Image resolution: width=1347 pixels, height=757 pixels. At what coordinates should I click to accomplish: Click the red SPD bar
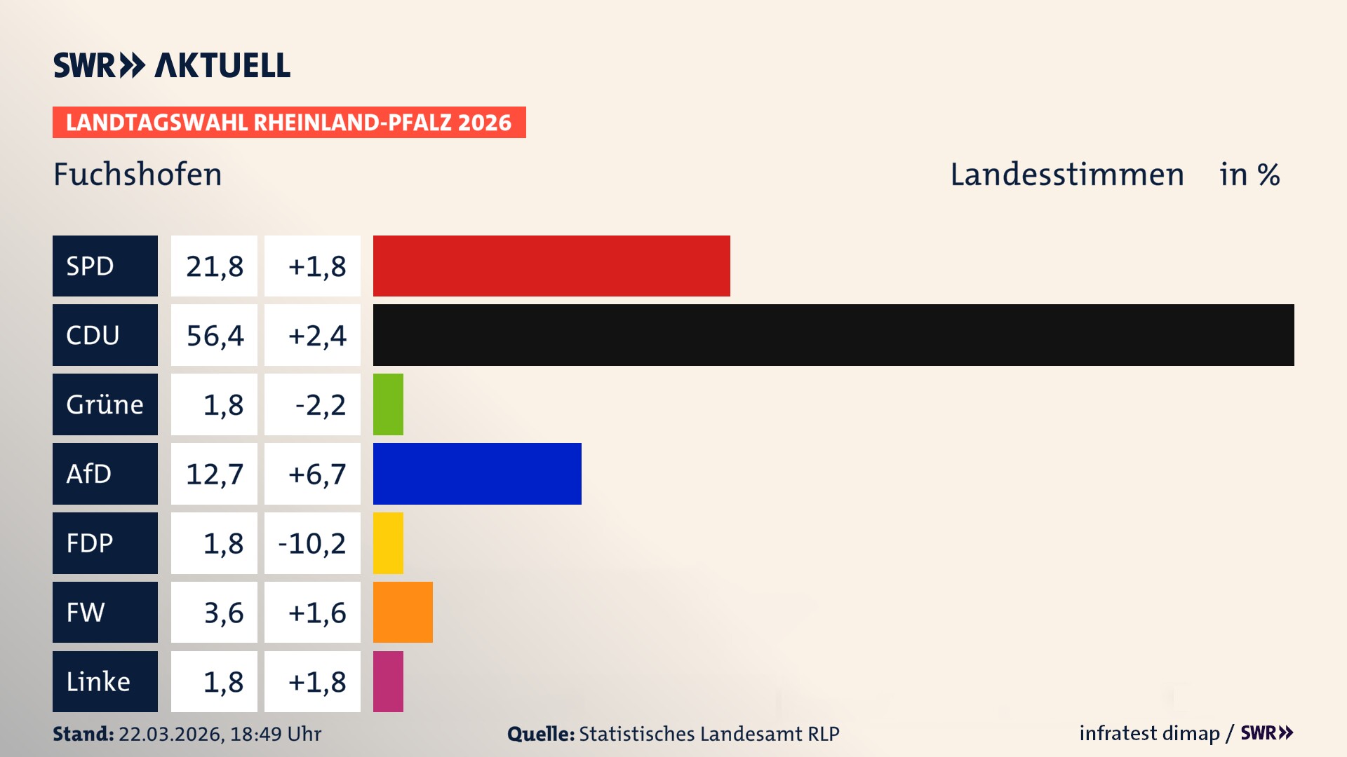(551, 266)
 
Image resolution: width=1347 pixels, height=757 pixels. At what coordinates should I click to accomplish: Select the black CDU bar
(833, 335)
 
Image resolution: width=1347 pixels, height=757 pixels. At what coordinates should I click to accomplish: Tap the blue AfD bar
(477, 474)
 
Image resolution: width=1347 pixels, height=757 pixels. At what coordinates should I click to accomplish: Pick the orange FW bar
(403, 612)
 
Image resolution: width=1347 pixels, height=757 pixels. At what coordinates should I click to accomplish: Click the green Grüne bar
(388, 404)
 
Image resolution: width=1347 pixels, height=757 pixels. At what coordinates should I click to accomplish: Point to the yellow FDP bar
(388, 543)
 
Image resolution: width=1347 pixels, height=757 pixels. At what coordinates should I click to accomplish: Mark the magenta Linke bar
(388, 681)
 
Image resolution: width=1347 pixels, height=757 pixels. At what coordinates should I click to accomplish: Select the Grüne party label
(105, 404)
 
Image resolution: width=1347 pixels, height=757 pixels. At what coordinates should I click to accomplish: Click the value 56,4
(215, 336)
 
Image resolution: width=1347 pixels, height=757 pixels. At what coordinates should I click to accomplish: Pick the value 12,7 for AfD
(215, 475)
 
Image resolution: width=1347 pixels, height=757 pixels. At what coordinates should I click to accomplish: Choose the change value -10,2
(312, 543)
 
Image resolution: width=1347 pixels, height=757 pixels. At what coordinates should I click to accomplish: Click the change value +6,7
(316, 475)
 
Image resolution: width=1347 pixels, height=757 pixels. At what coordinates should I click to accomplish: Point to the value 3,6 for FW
(223, 613)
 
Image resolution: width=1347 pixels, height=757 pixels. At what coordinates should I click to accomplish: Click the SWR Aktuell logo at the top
(171, 65)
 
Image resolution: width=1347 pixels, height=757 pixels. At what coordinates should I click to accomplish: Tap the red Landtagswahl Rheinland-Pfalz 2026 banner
(288, 123)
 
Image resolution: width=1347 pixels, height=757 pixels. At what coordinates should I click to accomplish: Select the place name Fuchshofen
(138, 175)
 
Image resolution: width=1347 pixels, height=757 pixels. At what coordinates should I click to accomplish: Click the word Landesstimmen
(1066, 175)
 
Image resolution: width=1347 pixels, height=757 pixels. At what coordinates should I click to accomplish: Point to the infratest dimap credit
(1149, 733)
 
